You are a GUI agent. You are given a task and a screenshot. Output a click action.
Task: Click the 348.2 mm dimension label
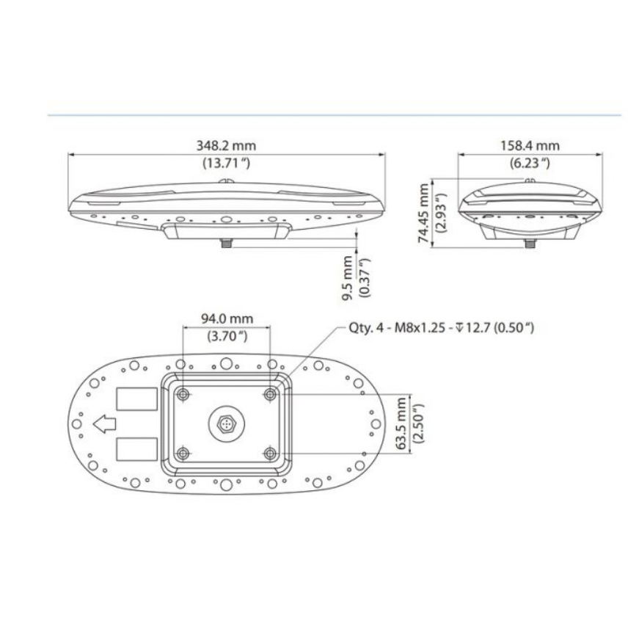click(226, 147)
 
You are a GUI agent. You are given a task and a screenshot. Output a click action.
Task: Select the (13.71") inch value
click(226, 163)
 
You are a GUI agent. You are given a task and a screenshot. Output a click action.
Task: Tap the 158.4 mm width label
click(529, 147)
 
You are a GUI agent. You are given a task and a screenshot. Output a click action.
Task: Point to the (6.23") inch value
click(529, 163)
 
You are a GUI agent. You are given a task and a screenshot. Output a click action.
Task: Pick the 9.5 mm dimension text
click(348, 272)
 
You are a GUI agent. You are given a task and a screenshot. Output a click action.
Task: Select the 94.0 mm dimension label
click(227, 318)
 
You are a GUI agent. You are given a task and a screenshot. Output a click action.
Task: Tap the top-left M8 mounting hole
click(183, 394)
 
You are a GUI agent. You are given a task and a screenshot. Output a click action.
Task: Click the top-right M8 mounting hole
click(270, 394)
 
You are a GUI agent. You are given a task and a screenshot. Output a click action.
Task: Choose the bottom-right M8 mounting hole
click(270, 453)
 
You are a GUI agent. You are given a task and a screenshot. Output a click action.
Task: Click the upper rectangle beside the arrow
click(136, 398)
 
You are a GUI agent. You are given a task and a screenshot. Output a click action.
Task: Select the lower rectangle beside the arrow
click(136, 448)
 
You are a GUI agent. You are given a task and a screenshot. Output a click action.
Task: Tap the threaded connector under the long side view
click(227, 241)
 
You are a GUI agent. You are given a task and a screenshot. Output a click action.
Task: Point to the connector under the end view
click(528, 242)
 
